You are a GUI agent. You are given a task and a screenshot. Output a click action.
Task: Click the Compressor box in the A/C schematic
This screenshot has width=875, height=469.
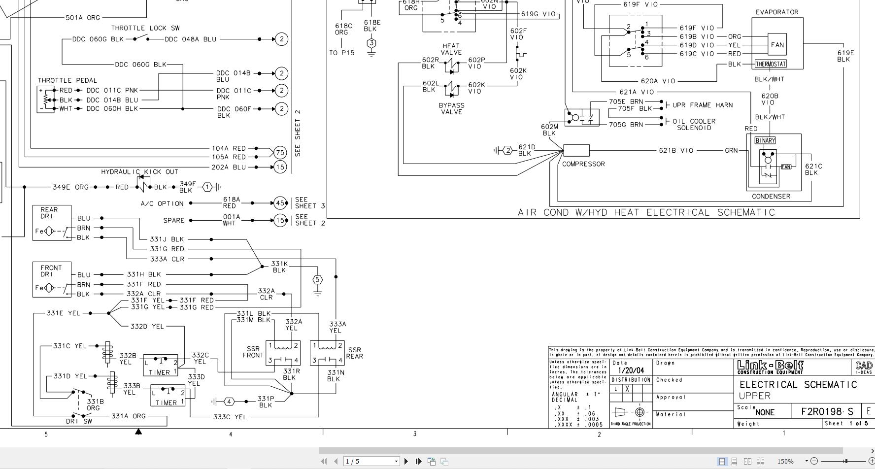[x=576, y=150]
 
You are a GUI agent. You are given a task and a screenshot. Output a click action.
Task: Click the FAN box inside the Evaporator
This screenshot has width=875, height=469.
[x=777, y=45]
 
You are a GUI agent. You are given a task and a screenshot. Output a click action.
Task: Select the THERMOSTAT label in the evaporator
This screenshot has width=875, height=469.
[x=771, y=64]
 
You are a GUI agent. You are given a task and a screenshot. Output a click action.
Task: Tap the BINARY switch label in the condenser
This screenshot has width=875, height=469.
[x=765, y=140]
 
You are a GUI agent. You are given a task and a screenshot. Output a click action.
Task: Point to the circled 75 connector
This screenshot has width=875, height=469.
[x=280, y=153]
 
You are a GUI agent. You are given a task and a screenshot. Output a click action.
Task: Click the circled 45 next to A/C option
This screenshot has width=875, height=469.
[x=280, y=203]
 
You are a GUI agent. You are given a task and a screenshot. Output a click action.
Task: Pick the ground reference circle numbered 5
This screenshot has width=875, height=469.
[x=317, y=280]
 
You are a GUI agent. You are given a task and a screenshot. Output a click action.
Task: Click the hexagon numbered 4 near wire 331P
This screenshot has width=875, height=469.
[x=229, y=402]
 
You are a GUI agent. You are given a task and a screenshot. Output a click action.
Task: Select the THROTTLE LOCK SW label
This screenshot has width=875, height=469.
[x=145, y=28]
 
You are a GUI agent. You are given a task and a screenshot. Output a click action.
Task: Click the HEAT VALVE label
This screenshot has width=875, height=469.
[x=451, y=49]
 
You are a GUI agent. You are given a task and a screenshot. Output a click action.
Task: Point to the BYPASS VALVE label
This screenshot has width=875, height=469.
[x=451, y=108]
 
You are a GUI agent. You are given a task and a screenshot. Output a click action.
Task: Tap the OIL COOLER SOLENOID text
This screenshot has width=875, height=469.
[x=694, y=124]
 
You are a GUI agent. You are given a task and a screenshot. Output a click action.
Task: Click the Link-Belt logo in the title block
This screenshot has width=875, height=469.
[x=770, y=367]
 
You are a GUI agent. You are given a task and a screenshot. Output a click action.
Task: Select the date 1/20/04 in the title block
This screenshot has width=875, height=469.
[x=631, y=370]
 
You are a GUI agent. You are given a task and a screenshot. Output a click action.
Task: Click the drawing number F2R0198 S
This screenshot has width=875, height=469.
[x=827, y=411]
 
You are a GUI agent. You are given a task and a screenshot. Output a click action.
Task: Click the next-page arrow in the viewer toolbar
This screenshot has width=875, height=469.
[x=406, y=461]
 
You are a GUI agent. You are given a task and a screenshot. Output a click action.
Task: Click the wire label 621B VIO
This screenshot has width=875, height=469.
[x=676, y=150]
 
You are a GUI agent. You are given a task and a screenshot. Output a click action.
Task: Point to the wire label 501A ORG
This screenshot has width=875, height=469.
[x=83, y=17]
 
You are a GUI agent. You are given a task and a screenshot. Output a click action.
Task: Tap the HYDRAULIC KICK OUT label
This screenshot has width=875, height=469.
[x=139, y=172]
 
